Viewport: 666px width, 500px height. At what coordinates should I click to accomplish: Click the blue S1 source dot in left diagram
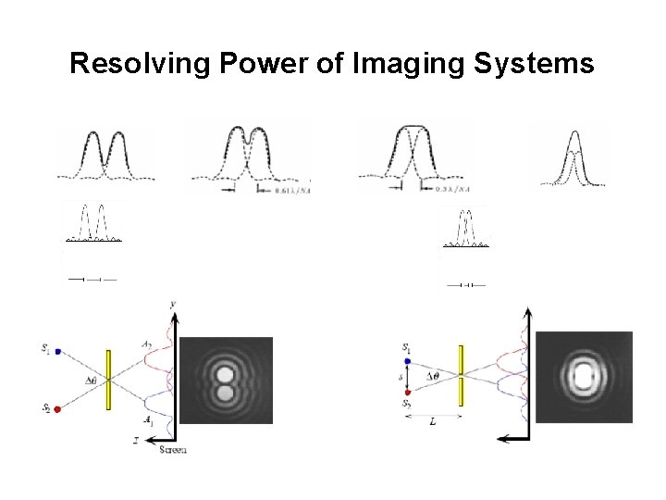58,352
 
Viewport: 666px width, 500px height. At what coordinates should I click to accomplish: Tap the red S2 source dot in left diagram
58,408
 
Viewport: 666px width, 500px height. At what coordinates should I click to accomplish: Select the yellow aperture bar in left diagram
109,379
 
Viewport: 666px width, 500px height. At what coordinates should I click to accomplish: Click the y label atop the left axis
173,304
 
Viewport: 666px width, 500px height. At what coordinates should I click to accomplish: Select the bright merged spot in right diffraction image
584,378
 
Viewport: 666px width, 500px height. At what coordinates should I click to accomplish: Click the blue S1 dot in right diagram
406,360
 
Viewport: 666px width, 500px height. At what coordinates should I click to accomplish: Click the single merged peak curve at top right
574,157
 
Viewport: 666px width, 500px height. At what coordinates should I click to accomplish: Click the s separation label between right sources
400,378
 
